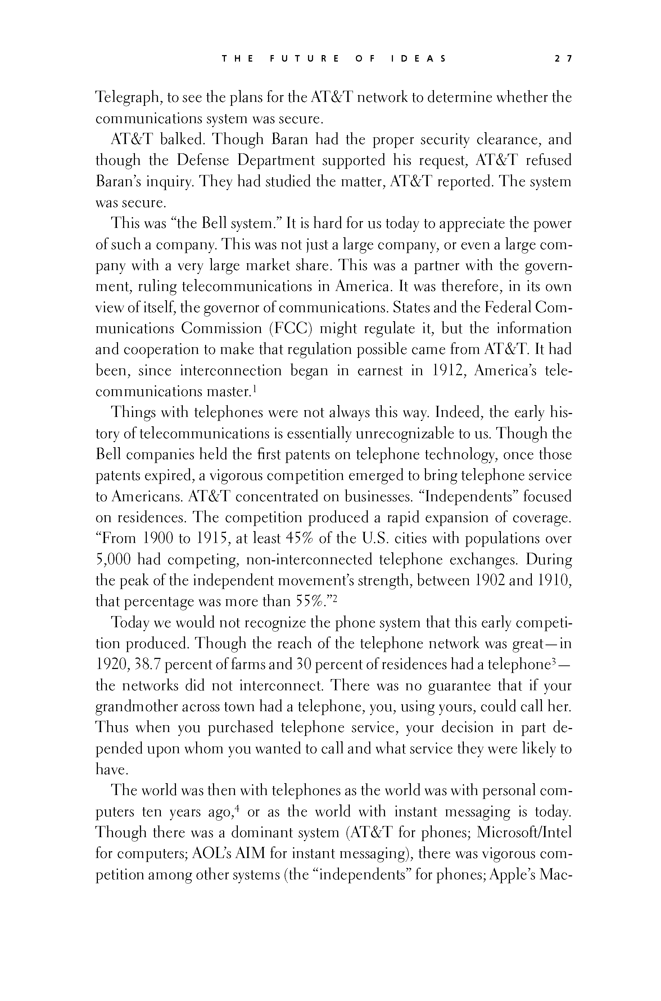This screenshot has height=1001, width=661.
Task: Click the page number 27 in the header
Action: pyautogui.click(x=563, y=59)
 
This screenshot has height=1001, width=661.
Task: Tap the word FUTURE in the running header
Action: pyautogui.click(x=304, y=59)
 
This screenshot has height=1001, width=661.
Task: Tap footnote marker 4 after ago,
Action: pyautogui.click(x=237, y=808)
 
